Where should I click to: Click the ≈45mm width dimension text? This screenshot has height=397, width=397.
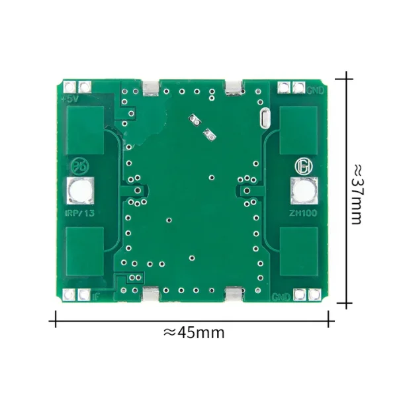[x=193, y=332]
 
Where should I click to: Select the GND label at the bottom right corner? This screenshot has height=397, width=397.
[x=281, y=297]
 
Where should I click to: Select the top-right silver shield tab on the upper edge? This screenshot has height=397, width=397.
[x=234, y=88]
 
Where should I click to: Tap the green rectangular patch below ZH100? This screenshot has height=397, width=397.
[x=299, y=253]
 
